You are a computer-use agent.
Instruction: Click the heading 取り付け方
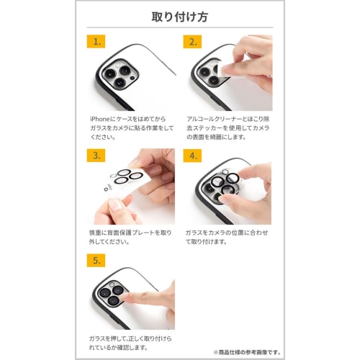[x=180, y=17]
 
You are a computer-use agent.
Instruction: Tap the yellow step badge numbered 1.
[x=96, y=42]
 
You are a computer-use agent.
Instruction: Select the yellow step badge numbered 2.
[x=192, y=42]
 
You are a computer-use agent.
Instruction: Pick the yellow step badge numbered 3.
[x=96, y=156]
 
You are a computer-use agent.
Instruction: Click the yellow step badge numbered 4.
[x=192, y=156]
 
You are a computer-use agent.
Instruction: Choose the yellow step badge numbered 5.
[x=96, y=260]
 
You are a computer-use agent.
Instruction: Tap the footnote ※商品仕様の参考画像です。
[x=247, y=352]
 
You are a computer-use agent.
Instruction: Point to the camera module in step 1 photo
[x=120, y=74]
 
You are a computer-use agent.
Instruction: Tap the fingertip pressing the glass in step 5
[x=125, y=297]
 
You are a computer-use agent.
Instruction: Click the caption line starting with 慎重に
[x=130, y=233]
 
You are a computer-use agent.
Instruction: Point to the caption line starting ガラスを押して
[x=130, y=338]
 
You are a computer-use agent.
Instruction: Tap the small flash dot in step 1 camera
[x=132, y=78]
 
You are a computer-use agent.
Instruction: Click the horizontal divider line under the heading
[x=180, y=27]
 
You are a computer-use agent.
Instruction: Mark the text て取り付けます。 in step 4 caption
[x=207, y=242]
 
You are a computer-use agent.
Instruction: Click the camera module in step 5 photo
[x=112, y=294]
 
